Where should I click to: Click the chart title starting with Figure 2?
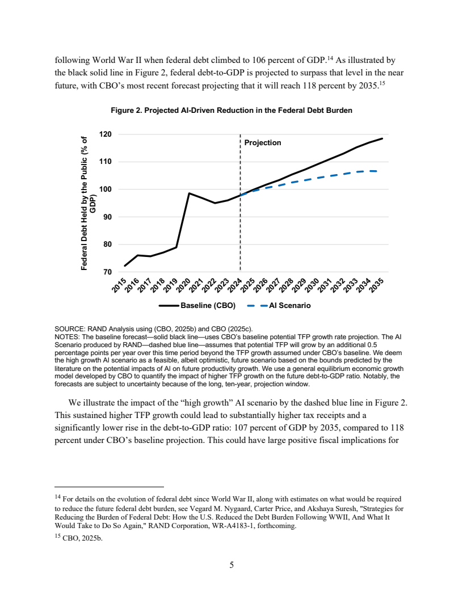coord(231,111)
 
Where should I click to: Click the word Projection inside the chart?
coord(262,143)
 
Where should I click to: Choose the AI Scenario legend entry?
coord(289,306)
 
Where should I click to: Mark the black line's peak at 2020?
coord(189,193)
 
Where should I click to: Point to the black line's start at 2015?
coord(125,265)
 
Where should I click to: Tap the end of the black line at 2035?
coord(382,138)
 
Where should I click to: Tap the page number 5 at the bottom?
coord(231,564)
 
